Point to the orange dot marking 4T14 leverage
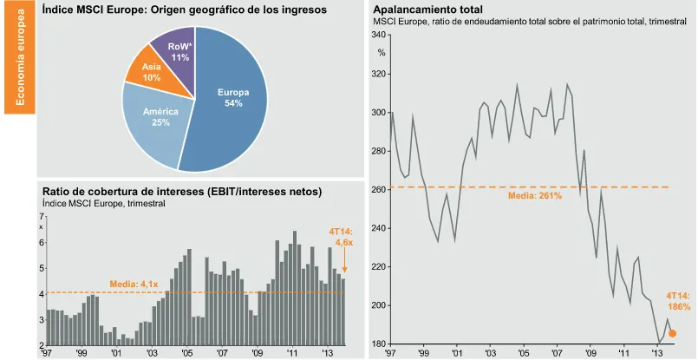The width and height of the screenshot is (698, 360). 672,333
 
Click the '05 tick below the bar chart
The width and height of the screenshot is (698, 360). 187,354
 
